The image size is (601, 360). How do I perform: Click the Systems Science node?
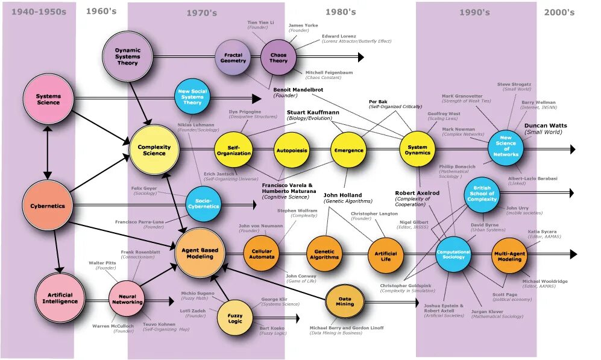tap(49, 99)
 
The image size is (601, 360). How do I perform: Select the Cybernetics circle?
tap(48, 206)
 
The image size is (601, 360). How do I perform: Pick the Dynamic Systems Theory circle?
tap(127, 57)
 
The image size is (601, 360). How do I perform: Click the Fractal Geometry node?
tap(233, 57)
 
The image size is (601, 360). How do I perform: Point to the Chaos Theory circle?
tap(278, 57)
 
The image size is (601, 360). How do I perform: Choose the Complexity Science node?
tap(154, 150)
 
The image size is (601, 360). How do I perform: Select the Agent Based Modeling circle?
tap(200, 253)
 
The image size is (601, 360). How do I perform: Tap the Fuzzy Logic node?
tap(235, 317)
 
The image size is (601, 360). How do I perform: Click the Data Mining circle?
tap(345, 301)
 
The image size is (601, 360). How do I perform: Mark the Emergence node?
tap(348, 150)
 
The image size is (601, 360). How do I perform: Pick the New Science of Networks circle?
tap(506, 146)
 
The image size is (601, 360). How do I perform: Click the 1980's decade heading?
tap(341, 12)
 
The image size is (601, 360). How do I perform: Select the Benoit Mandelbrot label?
tap(299, 89)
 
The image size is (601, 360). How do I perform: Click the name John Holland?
tap(343, 195)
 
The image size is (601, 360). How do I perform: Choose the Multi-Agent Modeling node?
tap(509, 256)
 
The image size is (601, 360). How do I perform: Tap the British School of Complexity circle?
tap(482, 194)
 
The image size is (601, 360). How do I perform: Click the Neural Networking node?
tap(127, 298)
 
